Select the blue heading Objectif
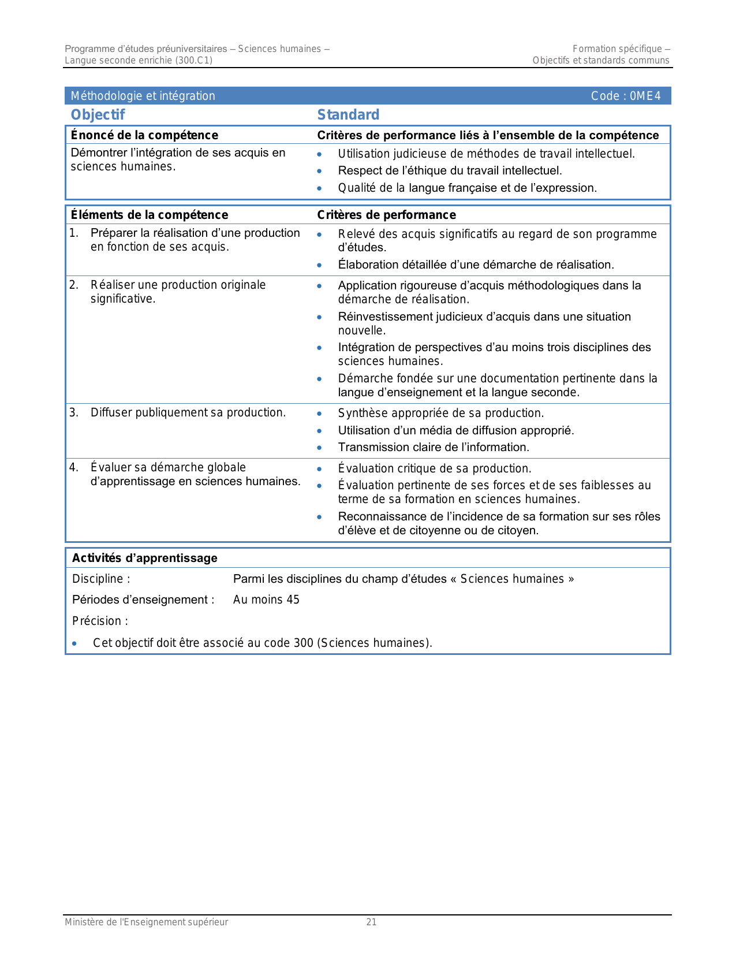[98, 114]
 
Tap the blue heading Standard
[348, 114]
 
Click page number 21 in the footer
[371, 922]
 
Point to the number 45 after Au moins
[293, 600]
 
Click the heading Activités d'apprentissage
[144, 558]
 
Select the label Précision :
[100, 621]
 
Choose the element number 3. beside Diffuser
[73, 412]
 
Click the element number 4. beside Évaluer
[73, 467]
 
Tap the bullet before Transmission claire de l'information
[319, 448]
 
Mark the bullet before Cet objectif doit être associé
[74, 643]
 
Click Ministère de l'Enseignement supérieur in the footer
[146, 922]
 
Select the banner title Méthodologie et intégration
[143, 96]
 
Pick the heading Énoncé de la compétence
[144, 135]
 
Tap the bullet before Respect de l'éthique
[319, 171]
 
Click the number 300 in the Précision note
[303, 643]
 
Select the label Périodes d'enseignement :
[143, 600]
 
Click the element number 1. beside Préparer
[73, 233]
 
